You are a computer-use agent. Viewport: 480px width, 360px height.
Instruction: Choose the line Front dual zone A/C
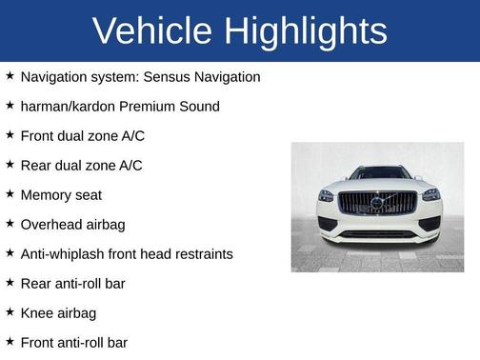point(82,135)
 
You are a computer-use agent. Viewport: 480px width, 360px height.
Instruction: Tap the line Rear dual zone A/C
point(81,165)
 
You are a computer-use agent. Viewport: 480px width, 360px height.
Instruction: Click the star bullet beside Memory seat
point(10,194)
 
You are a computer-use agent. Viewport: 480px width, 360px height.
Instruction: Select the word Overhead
point(52,224)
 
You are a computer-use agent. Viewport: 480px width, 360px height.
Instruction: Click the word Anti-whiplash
point(65,253)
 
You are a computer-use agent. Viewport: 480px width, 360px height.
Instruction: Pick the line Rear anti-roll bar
point(72,283)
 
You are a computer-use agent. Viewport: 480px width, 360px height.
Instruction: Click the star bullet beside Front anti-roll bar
point(10,342)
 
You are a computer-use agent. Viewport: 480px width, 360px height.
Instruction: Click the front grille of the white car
point(378,203)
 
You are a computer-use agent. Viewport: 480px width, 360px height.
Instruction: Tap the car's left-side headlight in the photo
point(327,195)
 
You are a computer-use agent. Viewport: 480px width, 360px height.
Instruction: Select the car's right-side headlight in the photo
point(430,195)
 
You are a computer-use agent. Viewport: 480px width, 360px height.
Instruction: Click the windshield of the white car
point(379,173)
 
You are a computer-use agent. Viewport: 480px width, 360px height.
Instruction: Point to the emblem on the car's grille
point(378,202)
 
